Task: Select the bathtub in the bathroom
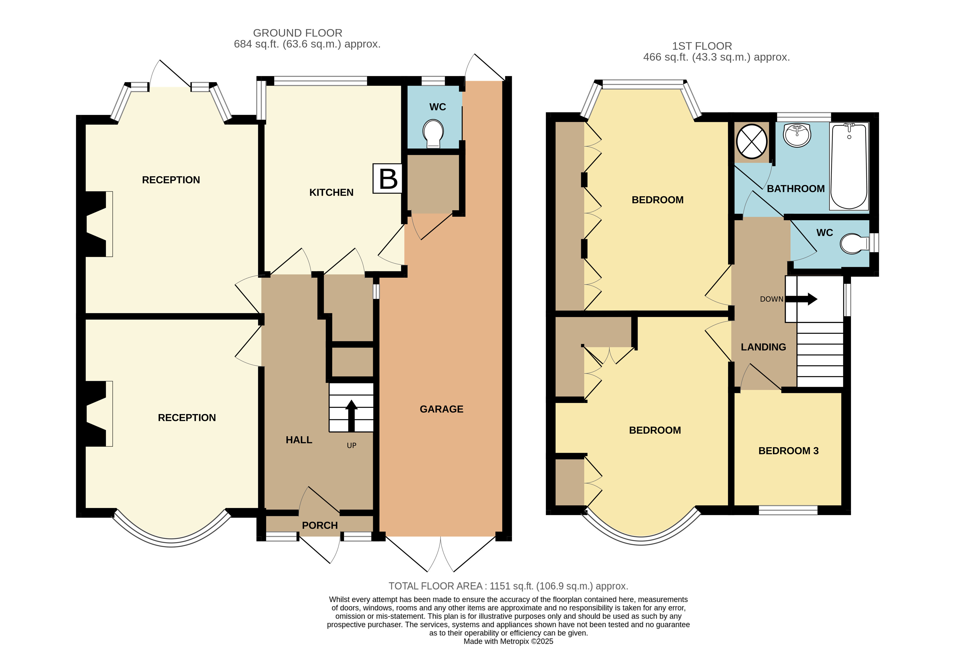coord(849,166)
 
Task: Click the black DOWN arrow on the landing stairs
coord(801,299)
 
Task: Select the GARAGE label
coord(441,409)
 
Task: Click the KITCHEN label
coord(331,192)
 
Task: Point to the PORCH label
coord(320,525)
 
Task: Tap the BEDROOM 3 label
coord(788,451)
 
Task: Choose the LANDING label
coord(763,347)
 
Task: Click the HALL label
coord(299,440)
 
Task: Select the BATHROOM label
coord(796,189)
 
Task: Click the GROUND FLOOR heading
coord(297,33)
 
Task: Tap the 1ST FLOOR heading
coord(702,46)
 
